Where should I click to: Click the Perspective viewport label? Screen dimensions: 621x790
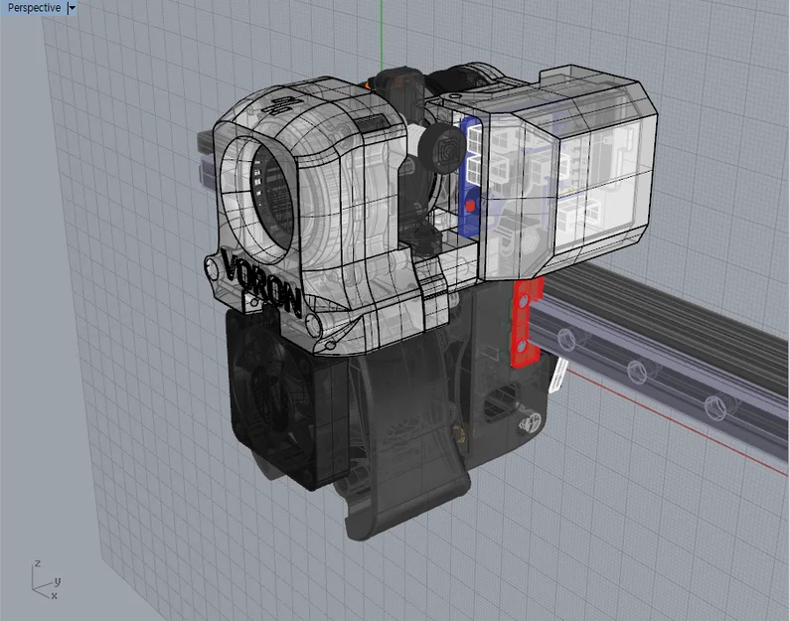[34, 8]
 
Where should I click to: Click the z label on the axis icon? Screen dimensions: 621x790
[37, 564]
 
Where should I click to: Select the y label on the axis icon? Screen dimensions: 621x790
[58, 581]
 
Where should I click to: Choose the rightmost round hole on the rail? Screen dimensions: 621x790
[712, 405]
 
